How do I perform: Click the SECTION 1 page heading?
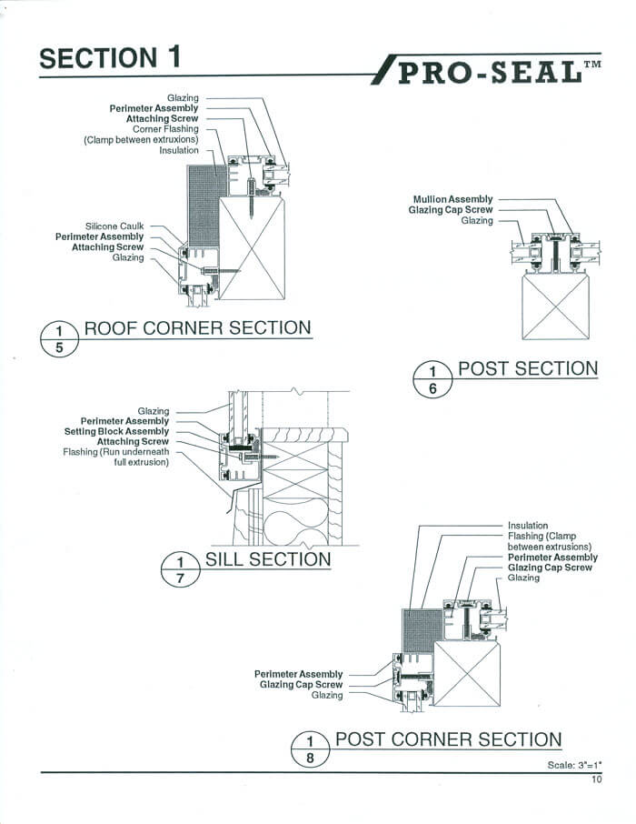[x=110, y=58]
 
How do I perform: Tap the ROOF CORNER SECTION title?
[x=197, y=328]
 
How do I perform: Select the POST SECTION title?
[x=527, y=368]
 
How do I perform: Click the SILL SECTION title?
[x=268, y=558]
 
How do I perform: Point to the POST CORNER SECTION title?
[x=448, y=739]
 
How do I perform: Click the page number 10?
[x=596, y=779]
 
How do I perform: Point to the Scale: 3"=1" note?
[x=574, y=765]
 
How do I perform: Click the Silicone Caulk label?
[x=115, y=226]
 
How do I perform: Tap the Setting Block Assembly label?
[x=116, y=432]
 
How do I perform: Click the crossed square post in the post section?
[x=554, y=306]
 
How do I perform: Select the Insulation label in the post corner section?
[x=528, y=526]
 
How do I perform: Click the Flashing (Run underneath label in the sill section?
[x=115, y=452]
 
